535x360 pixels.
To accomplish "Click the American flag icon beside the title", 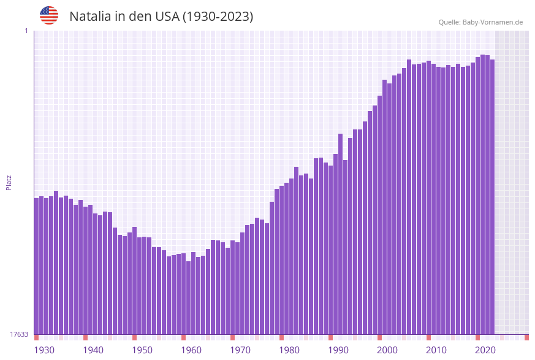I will click(x=49, y=15).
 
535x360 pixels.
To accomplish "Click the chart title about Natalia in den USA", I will click(x=161, y=17).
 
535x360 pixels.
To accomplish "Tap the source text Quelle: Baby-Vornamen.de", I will click(x=480, y=22).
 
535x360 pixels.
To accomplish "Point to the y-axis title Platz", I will click(x=9, y=182).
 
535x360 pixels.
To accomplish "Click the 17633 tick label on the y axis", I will click(x=19, y=334).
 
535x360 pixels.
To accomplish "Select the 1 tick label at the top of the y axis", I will click(x=26, y=31).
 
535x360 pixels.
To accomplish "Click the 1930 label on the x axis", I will click(x=44, y=350).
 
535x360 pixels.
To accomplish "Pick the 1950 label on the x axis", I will click(x=142, y=350).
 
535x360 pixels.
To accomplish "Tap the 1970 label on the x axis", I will click(x=240, y=350).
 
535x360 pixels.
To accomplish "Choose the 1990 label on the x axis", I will click(x=338, y=350).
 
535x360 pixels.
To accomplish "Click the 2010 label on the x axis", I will click(x=436, y=350).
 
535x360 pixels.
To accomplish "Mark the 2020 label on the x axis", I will click(x=485, y=350).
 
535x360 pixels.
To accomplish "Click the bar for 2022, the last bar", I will click(x=492, y=197).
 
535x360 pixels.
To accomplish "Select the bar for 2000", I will click(x=379, y=215).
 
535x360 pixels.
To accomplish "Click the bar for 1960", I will click(x=183, y=294).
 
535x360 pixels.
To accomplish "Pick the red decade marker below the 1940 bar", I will click(x=85, y=337).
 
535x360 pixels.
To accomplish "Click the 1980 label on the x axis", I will click(x=289, y=350).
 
